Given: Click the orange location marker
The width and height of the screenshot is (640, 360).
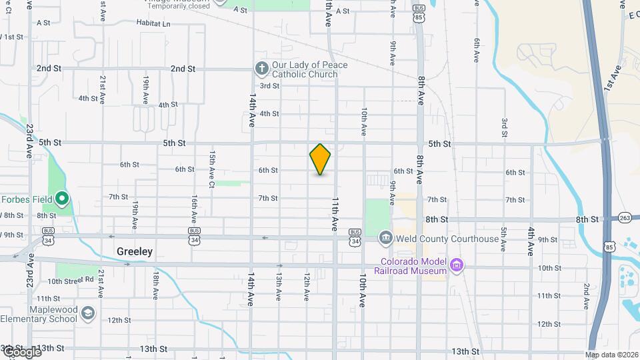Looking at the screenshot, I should [320, 159].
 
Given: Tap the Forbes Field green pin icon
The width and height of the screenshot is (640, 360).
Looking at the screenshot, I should [61, 198].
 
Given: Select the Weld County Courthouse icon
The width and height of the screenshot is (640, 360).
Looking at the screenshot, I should [385, 238].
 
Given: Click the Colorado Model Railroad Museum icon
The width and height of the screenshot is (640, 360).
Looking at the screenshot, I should [456, 266].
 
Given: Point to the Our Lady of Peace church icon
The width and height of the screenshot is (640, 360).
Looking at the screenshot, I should [261, 69].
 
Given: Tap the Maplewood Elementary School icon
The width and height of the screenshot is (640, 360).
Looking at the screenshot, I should [87, 313].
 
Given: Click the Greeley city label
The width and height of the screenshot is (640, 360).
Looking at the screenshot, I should [135, 252].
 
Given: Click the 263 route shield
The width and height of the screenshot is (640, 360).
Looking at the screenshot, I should [625, 218].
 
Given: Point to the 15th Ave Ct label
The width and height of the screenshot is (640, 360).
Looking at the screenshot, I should [212, 169].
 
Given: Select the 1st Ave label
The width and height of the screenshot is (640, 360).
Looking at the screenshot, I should [613, 78].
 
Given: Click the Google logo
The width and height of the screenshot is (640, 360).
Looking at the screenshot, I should [21, 351].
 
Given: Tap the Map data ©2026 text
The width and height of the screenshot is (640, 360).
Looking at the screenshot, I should [611, 354].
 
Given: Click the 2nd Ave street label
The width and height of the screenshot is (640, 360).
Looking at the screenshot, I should [586, 297].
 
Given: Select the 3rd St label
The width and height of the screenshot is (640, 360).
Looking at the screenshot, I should [269, 85].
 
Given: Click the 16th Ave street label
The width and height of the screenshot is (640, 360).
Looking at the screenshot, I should [193, 209].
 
